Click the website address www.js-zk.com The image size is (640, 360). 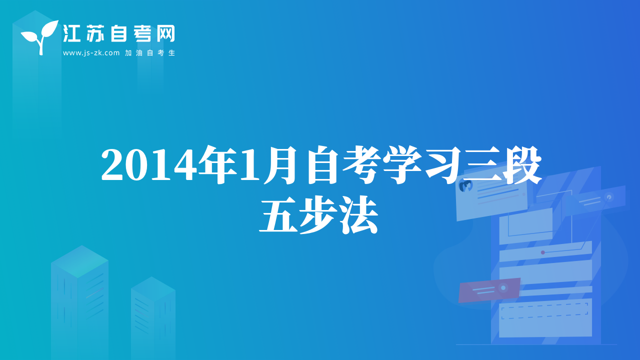tap(91, 53)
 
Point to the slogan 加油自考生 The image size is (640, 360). tap(150, 53)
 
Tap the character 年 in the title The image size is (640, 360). tap(217, 165)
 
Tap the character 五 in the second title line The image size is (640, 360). tap(278, 215)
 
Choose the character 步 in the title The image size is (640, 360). tap(319, 215)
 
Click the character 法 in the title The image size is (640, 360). tap(359, 215)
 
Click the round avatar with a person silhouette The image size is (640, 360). tap(465, 186)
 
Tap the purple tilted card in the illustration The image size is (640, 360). tap(489, 290)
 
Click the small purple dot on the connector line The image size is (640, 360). tap(543, 252)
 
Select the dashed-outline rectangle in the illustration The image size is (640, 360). tap(544, 311)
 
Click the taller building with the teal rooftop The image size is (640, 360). tap(79, 302)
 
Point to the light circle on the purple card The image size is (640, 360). tap(503, 287)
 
